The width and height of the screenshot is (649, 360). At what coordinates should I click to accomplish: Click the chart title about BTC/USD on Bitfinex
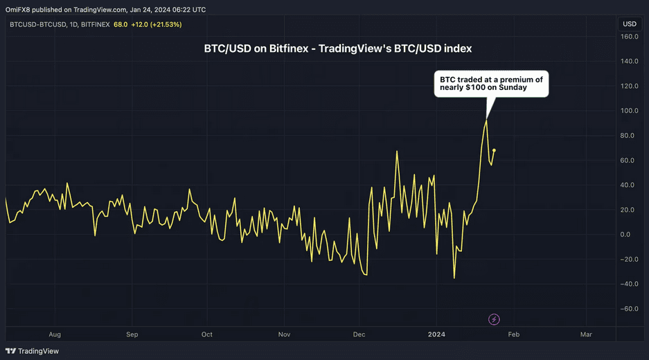338,49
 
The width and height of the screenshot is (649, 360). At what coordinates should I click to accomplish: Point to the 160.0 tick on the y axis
628,36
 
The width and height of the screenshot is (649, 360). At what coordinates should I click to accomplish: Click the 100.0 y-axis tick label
628,111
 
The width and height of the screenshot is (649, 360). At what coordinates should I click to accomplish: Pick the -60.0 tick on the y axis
628,309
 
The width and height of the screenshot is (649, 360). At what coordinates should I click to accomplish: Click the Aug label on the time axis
55,334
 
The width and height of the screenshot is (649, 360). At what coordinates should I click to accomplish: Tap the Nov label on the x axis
284,334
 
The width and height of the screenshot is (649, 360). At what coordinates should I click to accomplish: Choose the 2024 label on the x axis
437,334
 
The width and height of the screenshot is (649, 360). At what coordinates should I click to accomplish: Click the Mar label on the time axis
586,334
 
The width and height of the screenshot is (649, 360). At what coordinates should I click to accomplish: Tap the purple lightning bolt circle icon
494,319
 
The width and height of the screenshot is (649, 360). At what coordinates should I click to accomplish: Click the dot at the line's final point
494,150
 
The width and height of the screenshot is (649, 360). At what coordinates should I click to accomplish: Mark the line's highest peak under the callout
486,120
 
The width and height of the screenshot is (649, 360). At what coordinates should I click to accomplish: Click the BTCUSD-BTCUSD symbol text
38,24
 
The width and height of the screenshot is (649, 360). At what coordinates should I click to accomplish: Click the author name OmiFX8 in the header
19,10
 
